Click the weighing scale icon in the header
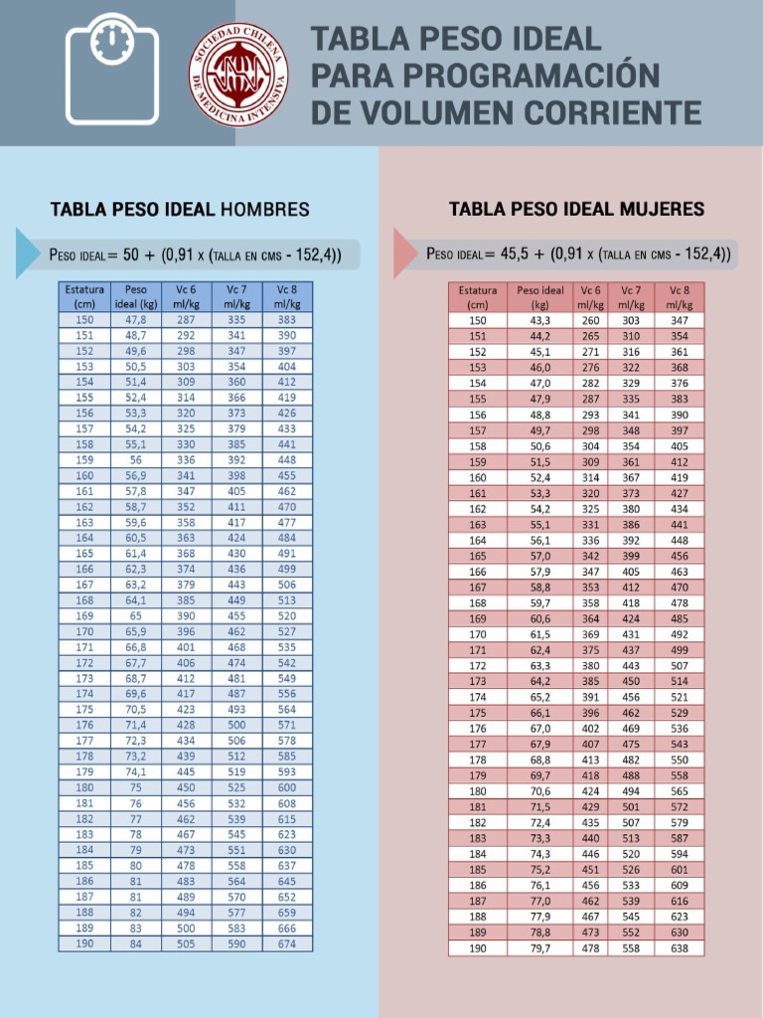tap(111, 71)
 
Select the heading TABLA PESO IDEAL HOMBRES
tap(180, 210)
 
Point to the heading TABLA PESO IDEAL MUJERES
tap(576, 209)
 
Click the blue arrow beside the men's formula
tap(27, 254)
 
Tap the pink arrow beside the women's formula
tap(404, 254)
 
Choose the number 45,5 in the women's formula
tap(518, 254)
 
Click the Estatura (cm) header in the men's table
tap(84, 297)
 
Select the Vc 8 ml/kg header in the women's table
tap(680, 297)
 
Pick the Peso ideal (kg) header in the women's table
tap(540, 297)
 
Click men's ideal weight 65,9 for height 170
tap(136, 631)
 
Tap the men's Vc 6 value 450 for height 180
tap(186, 787)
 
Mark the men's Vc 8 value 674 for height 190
tap(287, 943)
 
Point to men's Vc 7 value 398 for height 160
tap(236, 476)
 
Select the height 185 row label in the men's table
tap(84, 865)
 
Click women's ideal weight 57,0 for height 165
tap(540, 557)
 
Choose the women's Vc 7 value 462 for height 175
tap(631, 713)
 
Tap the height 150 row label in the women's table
tap(478, 321)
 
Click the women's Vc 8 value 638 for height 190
tap(680, 947)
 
